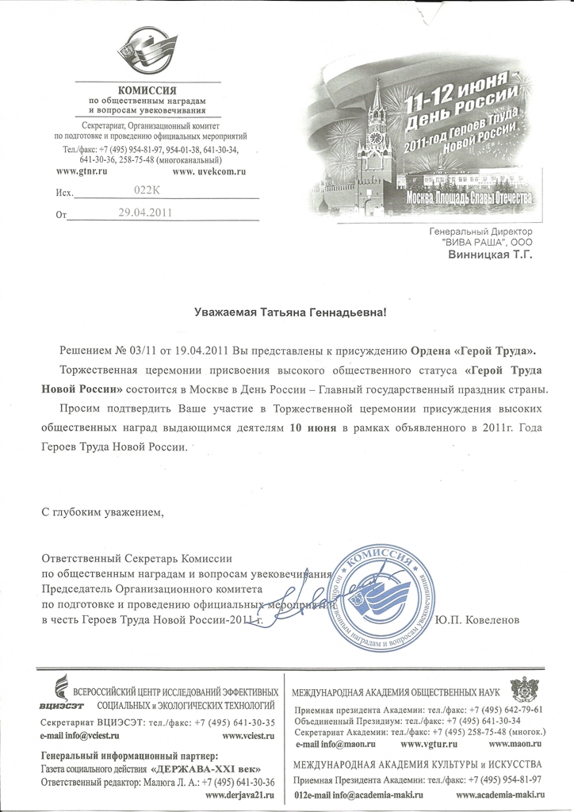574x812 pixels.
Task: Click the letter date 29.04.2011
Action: click(x=144, y=213)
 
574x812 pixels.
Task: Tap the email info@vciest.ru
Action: click(x=78, y=737)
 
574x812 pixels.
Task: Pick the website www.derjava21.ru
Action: click(x=239, y=795)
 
